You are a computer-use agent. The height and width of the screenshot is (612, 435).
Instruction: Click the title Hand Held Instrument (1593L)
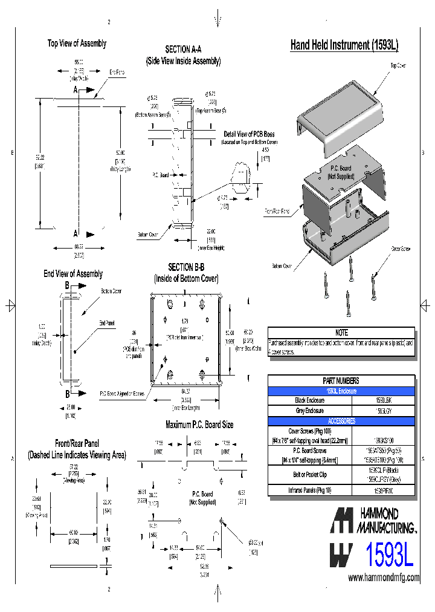(x=344, y=45)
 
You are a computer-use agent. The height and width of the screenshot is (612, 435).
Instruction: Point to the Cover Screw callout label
(x=401, y=248)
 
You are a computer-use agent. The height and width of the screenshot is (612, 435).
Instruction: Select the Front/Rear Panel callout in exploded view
(x=277, y=212)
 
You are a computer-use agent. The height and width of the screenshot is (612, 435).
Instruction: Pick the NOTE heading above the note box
(x=341, y=333)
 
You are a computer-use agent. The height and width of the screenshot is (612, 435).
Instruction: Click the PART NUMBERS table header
(x=341, y=380)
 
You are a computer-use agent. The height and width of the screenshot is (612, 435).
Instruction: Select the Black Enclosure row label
(x=310, y=400)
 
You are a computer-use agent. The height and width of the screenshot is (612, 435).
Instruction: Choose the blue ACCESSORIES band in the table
(x=341, y=420)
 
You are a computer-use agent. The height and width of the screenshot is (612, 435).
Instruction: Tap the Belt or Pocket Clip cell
(x=310, y=475)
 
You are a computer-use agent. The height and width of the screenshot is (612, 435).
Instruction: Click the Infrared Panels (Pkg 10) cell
(x=310, y=491)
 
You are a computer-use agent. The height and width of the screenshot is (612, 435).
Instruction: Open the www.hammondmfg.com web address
(x=384, y=578)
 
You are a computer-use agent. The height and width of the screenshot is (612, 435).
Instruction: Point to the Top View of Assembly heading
(x=77, y=43)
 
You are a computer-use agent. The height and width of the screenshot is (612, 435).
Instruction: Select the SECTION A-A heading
(x=183, y=49)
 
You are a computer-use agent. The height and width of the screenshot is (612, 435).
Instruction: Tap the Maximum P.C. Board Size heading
(x=199, y=425)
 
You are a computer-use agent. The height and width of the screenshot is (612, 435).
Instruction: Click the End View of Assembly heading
(x=73, y=274)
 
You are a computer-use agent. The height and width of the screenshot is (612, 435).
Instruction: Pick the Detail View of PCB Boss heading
(x=249, y=134)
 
